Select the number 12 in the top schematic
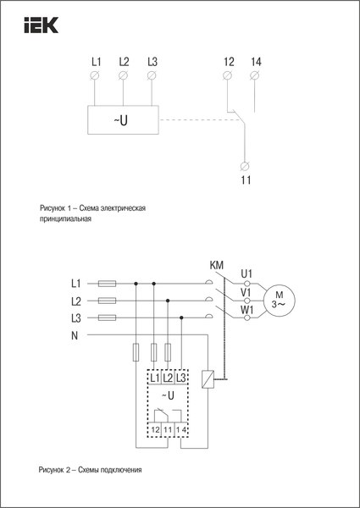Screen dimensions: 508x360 [x=228, y=62]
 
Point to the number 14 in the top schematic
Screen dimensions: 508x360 [x=256, y=62]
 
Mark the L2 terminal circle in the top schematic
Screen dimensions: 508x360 [x=124, y=77]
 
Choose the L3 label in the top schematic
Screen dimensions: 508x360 [x=152, y=62]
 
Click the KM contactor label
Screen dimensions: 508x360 [x=216, y=266]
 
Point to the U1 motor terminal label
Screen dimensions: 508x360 [x=246, y=273]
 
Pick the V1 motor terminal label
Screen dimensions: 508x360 [x=246, y=292]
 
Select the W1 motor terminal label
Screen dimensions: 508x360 [x=246, y=310]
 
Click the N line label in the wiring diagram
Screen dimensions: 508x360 [x=75, y=335]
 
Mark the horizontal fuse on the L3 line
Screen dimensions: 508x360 [x=108, y=318]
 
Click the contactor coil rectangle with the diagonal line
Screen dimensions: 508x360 [x=208, y=380]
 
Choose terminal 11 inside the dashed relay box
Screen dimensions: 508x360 [x=168, y=431]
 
